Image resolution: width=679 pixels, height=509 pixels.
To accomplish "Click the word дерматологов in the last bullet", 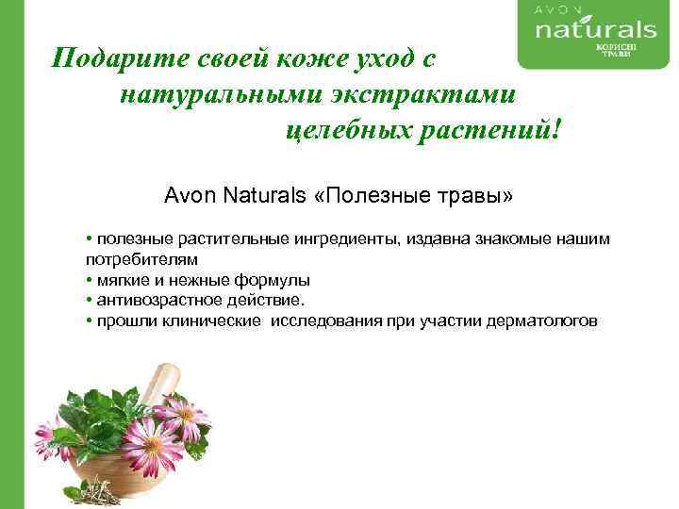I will [541, 321].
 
